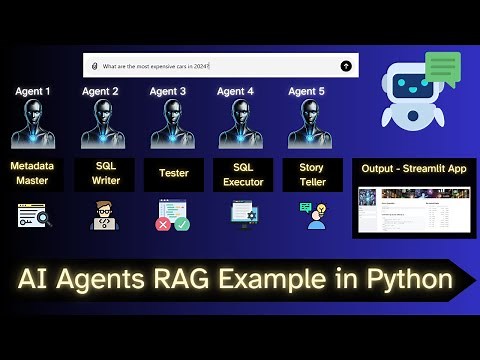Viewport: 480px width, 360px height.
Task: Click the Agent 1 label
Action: pos(32,92)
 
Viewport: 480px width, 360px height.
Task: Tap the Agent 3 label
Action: pos(168,92)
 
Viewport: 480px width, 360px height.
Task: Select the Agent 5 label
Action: pos(305,92)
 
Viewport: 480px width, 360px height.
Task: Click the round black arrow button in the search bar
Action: pos(346,66)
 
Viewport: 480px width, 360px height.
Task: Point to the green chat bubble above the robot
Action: pos(441,68)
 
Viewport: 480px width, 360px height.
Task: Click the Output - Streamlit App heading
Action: pos(415,168)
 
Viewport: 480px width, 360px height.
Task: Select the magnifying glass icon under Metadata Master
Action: pos(32,215)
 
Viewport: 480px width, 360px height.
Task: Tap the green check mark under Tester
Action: pos(181,224)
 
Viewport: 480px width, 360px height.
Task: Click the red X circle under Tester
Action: pos(162,224)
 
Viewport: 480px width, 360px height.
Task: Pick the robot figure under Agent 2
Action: pos(101,125)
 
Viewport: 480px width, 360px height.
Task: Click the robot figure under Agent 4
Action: pos(237,125)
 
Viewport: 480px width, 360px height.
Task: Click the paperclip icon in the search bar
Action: pos(94,66)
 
